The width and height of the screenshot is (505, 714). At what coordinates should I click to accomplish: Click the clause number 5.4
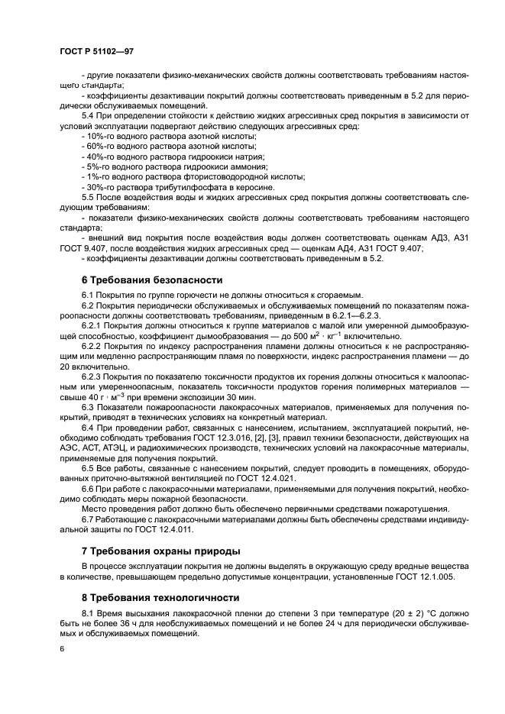click(88, 115)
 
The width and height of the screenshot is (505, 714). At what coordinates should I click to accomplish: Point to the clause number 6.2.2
click(93, 346)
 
